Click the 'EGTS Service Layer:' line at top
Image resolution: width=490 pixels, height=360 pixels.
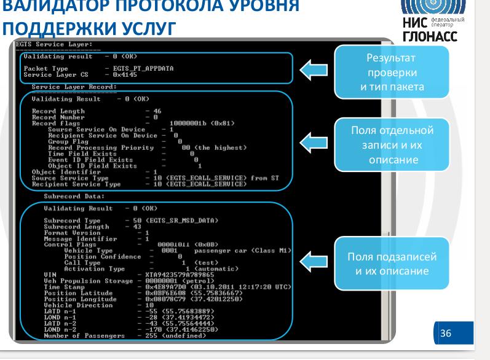(x=53, y=44)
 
